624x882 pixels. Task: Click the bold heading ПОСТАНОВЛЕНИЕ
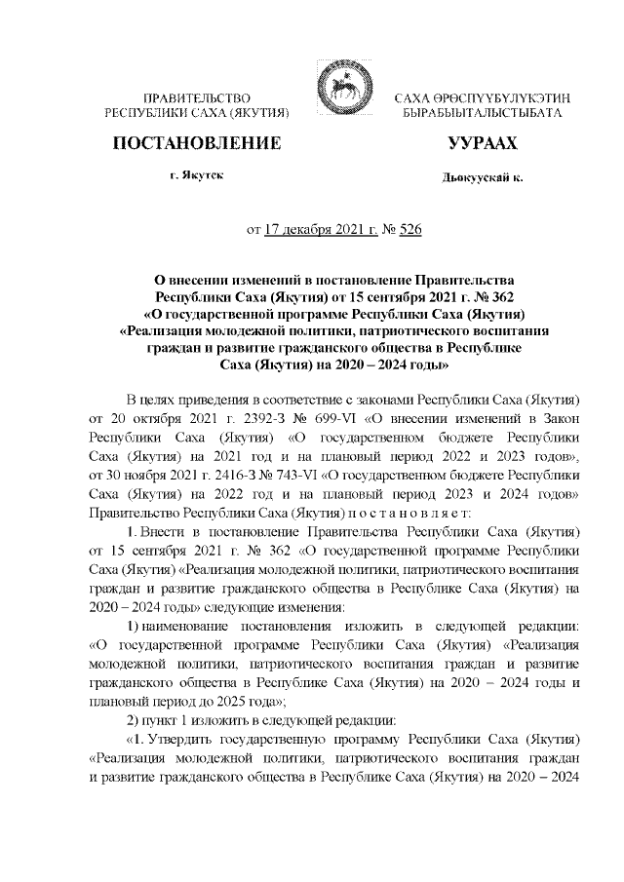tap(198, 144)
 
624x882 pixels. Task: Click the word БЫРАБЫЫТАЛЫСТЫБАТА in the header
tap(482, 115)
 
